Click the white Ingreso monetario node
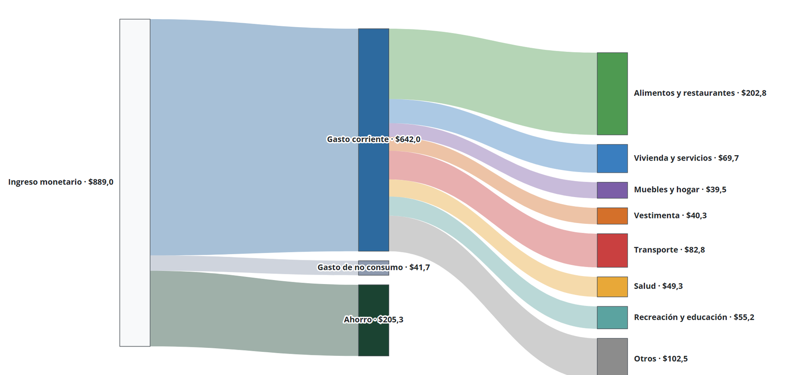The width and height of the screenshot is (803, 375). click(x=135, y=183)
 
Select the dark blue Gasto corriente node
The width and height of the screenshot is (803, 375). click(x=373, y=140)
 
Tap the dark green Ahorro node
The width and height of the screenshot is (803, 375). click(x=373, y=320)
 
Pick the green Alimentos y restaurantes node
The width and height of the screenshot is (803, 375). click(x=612, y=94)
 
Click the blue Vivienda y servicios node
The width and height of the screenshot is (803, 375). click(x=612, y=158)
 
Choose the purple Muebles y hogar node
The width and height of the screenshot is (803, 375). click(x=612, y=190)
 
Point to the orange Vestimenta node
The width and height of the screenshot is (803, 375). click(x=612, y=216)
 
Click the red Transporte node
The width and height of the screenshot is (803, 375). click(x=612, y=250)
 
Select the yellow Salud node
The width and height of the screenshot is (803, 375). click(x=612, y=287)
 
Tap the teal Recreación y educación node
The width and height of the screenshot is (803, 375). click(x=612, y=317)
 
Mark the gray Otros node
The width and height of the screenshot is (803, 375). click(x=612, y=357)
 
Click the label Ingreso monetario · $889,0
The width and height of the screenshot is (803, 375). click(x=61, y=182)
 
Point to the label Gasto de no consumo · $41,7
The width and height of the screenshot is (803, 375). click(x=373, y=267)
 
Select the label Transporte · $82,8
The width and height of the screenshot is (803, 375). click(x=669, y=250)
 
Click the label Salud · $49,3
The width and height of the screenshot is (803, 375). click(x=658, y=286)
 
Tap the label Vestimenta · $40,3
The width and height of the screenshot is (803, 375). click(x=670, y=215)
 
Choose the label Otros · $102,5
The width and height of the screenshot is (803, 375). click(x=661, y=359)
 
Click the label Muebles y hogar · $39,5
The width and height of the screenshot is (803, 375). click(x=680, y=190)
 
